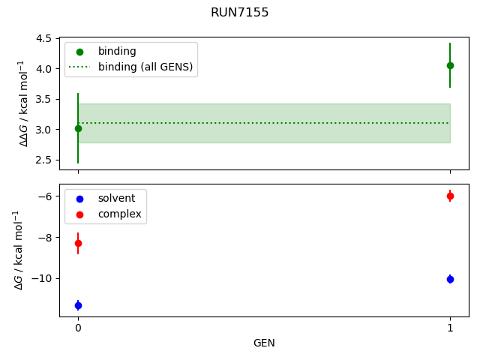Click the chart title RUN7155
(240, 13)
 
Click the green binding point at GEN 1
(450, 65)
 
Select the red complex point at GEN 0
(78, 243)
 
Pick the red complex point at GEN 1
(450, 196)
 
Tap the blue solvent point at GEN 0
(78, 305)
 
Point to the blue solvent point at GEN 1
(450, 279)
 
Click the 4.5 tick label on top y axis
(44, 38)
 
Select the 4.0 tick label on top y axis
(44, 69)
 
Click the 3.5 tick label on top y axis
(44, 99)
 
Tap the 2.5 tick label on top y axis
(44, 160)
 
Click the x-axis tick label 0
(78, 328)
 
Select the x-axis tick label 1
(450, 328)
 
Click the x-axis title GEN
(264, 343)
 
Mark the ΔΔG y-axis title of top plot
(23, 103)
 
